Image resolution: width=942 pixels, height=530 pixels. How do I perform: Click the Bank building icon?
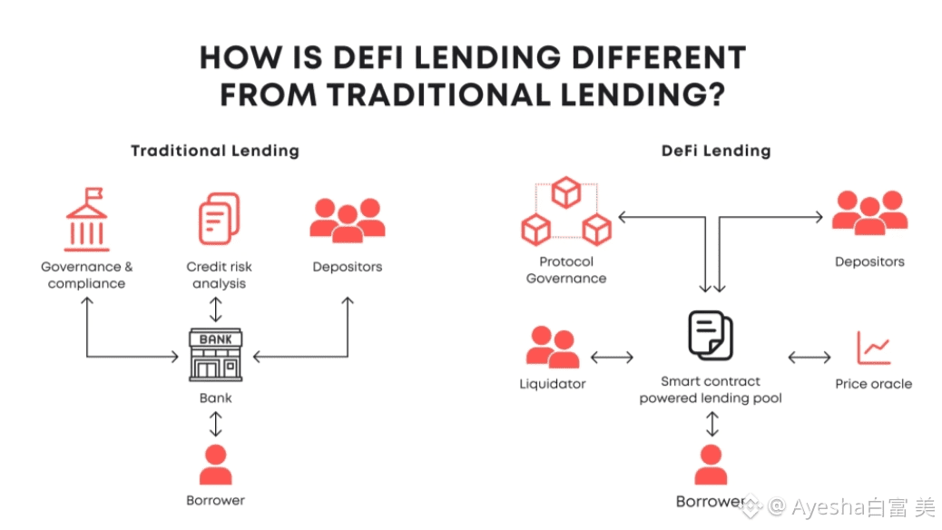point(215,355)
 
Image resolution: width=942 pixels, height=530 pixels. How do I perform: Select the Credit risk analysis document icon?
point(219,220)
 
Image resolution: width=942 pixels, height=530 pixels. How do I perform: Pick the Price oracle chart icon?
point(873,348)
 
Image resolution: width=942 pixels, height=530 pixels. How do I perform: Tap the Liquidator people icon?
point(552,348)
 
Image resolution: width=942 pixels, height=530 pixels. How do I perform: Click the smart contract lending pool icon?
point(711,336)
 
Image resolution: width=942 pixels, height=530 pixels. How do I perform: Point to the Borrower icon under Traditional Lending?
point(215,465)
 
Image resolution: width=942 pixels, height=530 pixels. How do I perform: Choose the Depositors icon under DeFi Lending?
point(869,213)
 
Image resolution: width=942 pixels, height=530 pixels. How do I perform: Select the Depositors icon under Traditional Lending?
point(347,220)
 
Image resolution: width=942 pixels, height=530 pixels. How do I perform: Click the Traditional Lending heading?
point(214,151)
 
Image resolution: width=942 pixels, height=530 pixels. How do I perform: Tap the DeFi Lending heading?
point(715,151)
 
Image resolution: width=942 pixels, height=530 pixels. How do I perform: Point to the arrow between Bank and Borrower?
point(215,423)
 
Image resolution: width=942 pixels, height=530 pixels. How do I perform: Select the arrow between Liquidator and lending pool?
point(612,357)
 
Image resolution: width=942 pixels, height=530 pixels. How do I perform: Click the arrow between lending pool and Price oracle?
point(809,357)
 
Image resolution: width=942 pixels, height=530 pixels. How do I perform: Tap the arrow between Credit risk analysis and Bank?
point(215,309)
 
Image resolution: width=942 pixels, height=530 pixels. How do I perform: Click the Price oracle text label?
point(873,384)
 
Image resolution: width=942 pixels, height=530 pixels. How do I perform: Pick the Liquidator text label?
point(552,384)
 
